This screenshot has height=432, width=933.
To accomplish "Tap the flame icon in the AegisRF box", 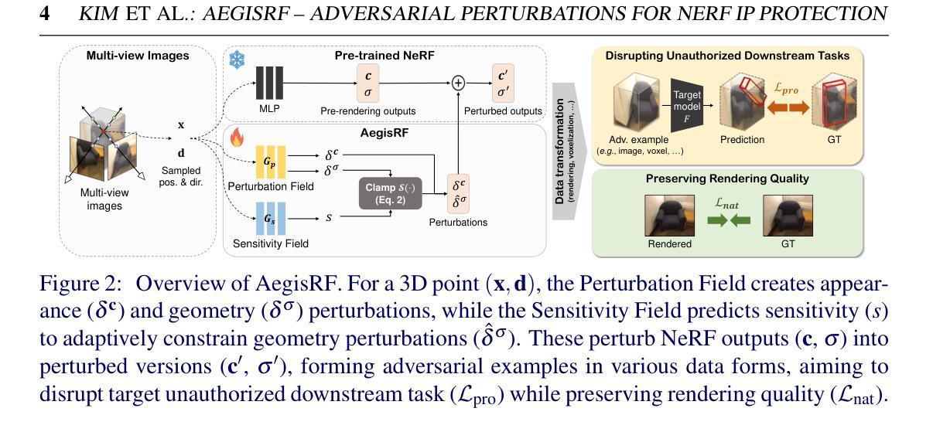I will click(x=237, y=138).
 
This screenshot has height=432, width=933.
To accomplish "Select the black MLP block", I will click(x=269, y=83).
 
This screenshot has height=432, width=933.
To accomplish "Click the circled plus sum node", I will click(x=458, y=83).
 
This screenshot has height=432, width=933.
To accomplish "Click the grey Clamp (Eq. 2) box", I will click(x=390, y=193).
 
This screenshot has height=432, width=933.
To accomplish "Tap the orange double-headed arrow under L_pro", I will click(x=786, y=107).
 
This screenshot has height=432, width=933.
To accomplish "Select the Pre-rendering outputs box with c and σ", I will click(x=367, y=83).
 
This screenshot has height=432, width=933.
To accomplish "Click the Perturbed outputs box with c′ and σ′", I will click(x=503, y=83).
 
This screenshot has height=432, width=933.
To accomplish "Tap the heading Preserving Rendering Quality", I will click(x=727, y=179).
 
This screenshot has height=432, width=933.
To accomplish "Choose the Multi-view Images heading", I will click(x=137, y=56).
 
